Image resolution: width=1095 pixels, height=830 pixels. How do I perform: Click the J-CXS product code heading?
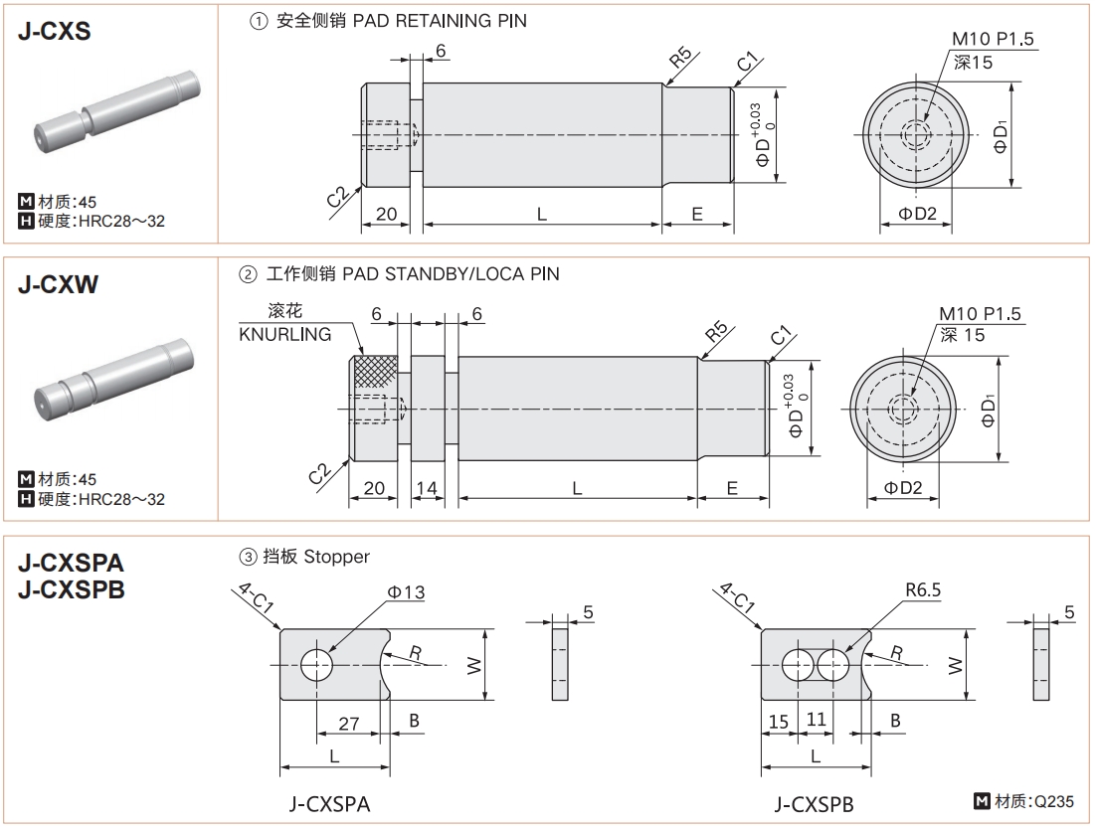55,31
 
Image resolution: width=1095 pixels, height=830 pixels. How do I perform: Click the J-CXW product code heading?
58,285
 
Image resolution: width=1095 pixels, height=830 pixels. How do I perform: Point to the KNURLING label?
284,334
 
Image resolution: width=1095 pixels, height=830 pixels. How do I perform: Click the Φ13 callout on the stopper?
406,592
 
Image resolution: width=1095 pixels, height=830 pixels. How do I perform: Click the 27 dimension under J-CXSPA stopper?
348,723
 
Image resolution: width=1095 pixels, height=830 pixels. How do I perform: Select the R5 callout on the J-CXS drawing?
681,59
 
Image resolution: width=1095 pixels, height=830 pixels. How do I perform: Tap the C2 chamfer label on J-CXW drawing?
320,470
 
